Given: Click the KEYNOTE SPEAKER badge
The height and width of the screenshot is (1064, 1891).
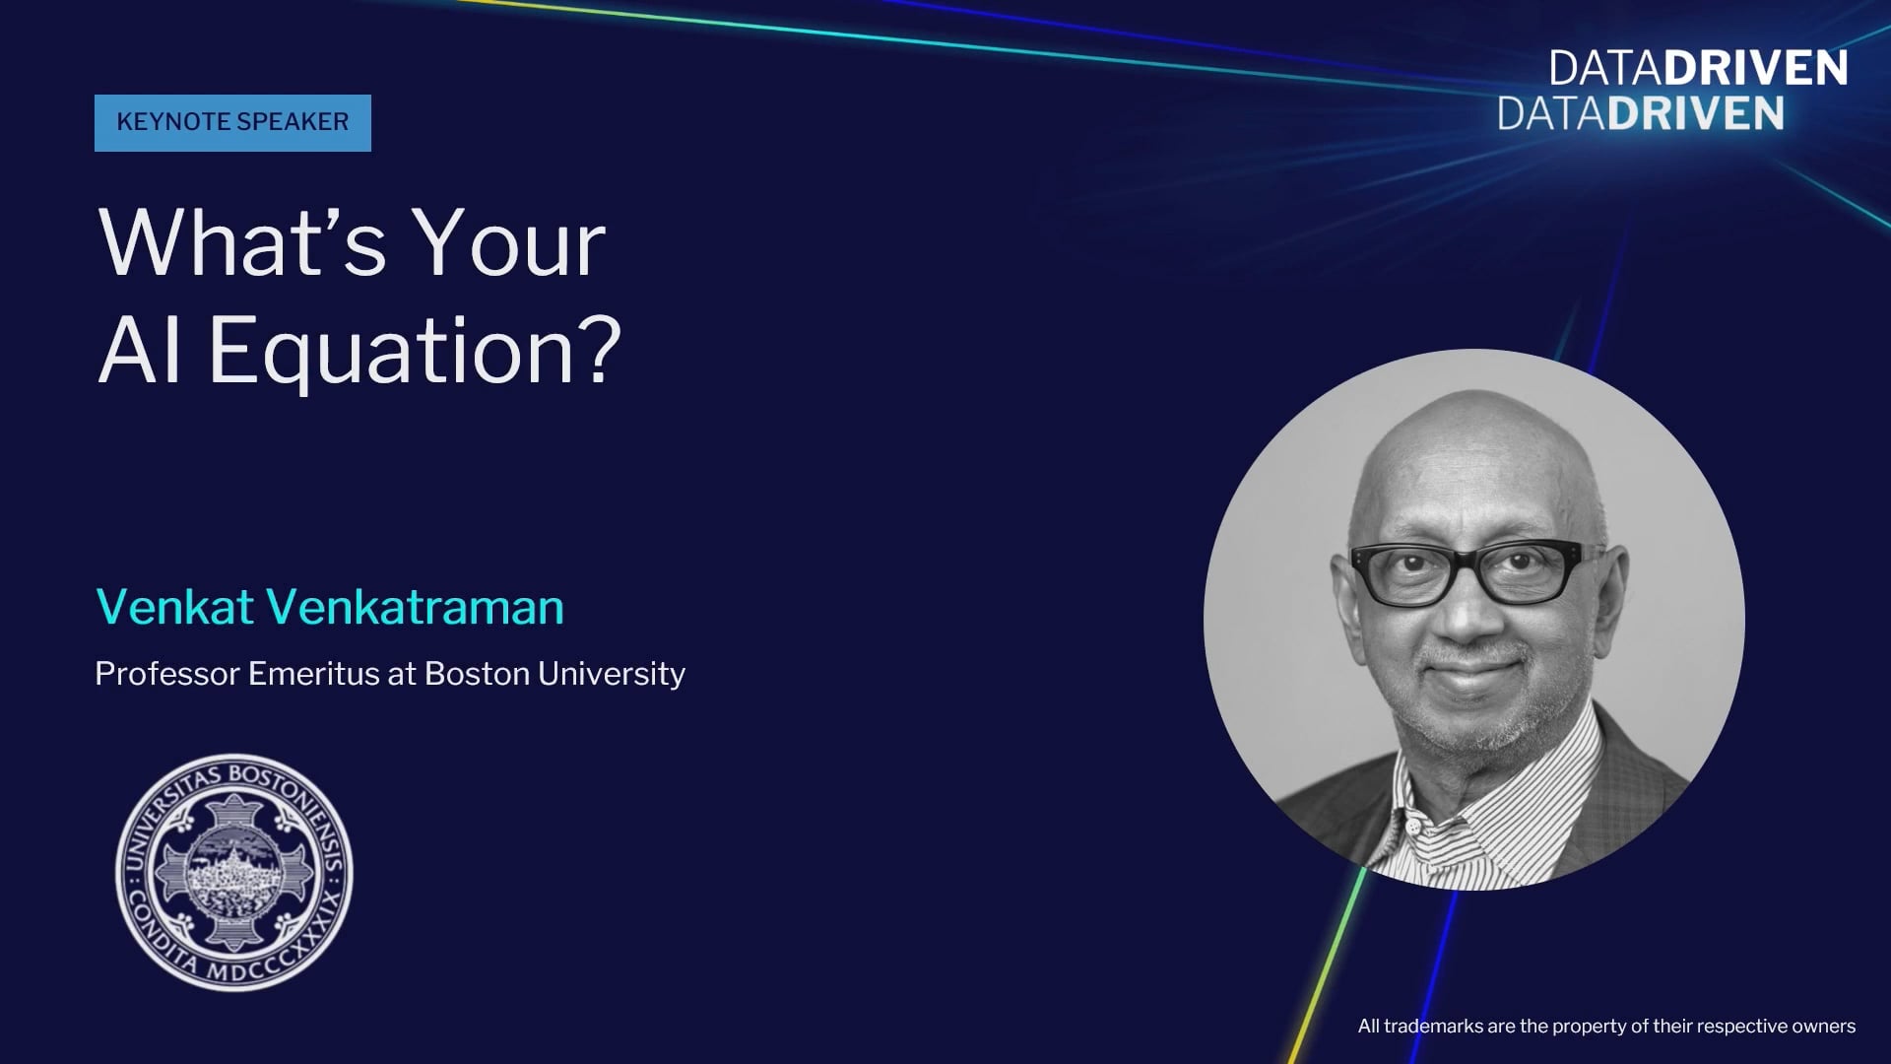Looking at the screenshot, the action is pyautogui.click(x=232, y=122).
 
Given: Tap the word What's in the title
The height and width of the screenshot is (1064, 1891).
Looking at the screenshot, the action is pyautogui.click(x=242, y=243).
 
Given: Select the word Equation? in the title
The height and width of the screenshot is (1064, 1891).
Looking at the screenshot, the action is pyautogui.click(x=415, y=352).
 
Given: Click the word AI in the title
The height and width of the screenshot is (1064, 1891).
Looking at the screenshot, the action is pyautogui.click(x=139, y=350).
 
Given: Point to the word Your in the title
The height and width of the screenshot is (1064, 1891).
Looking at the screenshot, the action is pyautogui.click(x=508, y=243).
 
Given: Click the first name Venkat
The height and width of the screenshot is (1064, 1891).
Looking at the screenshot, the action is pyautogui.click(x=175, y=606).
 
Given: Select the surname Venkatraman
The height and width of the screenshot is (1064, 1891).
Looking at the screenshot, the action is pyautogui.click(x=416, y=606).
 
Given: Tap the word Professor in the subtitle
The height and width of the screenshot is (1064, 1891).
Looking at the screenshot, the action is pyautogui.click(x=167, y=673).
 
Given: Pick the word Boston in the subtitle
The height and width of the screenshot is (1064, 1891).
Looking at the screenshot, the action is pyautogui.click(x=477, y=673).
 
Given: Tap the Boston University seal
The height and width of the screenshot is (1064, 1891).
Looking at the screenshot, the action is pyautogui.click(x=234, y=873).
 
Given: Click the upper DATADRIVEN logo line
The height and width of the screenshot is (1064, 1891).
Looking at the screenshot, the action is pyautogui.click(x=1698, y=68).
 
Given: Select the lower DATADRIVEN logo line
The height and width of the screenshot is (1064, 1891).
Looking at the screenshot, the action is pyautogui.click(x=1641, y=113).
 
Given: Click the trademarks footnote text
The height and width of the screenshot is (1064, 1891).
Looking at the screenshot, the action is pyautogui.click(x=1606, y=1026).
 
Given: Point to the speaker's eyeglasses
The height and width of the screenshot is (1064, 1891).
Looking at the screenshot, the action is pyautogui.click(x=1474, y=570).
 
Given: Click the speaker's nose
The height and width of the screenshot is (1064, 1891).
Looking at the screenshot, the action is pyautogui.click(x=1467, y=616).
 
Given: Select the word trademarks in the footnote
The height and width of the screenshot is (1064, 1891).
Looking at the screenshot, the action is pyautogui.click(x=1434, y=1026).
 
